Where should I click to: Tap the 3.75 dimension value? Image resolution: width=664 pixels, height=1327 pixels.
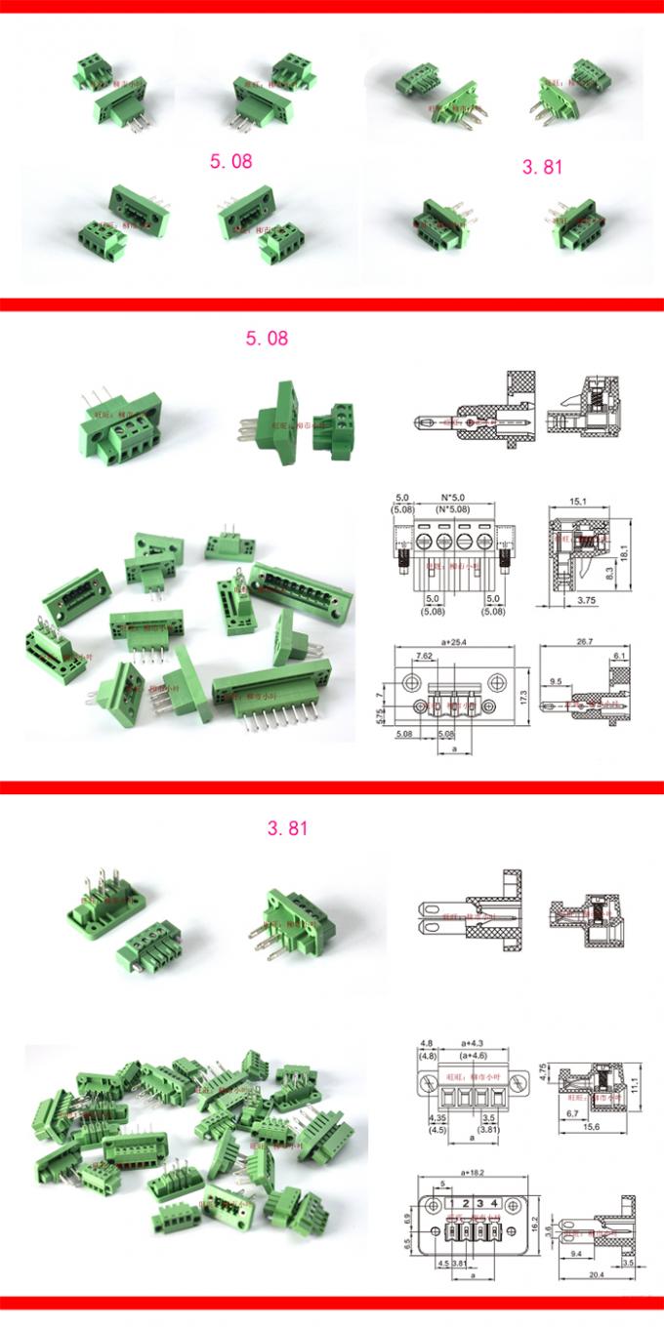[585, 601]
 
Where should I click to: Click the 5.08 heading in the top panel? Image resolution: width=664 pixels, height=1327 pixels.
[230, 160]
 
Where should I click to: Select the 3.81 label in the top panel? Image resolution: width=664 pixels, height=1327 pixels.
[542, 167]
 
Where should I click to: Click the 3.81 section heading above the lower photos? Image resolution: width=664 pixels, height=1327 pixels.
[288, 829]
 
